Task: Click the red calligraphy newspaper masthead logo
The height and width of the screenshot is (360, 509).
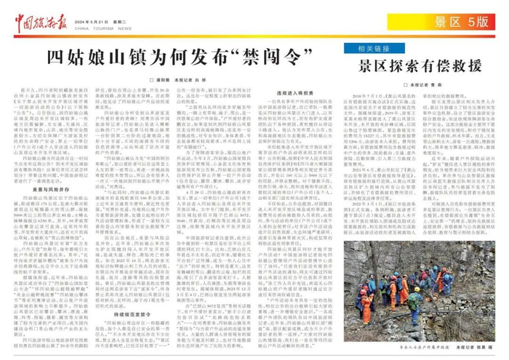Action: pos(40,12)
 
